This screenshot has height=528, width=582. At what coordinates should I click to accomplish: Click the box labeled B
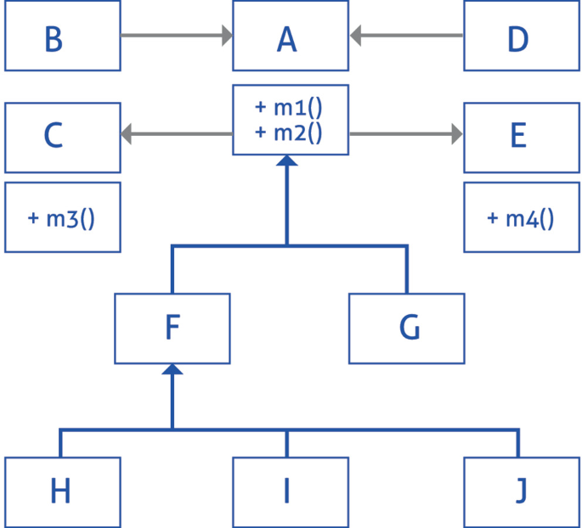point(61,36)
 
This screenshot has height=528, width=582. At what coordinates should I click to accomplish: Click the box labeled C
point(61,136)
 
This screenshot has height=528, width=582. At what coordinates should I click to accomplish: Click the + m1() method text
point(289,108)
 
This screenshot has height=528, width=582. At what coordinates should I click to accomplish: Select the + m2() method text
point(289,132)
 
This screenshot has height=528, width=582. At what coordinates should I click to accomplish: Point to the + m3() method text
point(61,217)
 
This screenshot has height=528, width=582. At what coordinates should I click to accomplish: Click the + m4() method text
point(520,217)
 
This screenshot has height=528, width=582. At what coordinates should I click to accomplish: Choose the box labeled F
point(172,329)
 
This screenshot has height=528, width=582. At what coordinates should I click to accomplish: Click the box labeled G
point(407,329)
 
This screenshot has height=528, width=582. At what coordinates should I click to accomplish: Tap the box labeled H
point(61,491)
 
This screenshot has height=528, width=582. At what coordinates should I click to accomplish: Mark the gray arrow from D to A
point(407,36)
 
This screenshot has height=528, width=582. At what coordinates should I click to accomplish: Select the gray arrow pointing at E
point(407,133)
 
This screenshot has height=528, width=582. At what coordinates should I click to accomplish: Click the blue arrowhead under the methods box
point(287,162)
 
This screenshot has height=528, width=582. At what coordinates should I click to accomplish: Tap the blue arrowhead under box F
point(172,369)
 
